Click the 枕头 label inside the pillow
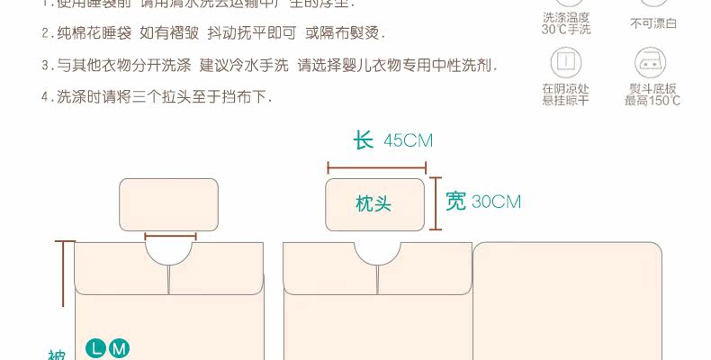click(373, 204)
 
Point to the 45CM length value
click(408, 140)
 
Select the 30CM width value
click(496, 202)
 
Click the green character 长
click(363, 140)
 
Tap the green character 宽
click(455, 201)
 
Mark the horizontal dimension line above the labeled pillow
click(376, 166)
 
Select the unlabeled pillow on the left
click(169, 204)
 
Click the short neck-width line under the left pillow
click(170, 237)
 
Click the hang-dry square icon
click(565, 61)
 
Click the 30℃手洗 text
click(566, 29)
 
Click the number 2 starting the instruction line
click(45, 34)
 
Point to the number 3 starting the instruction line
click(45, 66)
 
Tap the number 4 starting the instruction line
click(45, 97)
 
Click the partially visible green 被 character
click(55, 355)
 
